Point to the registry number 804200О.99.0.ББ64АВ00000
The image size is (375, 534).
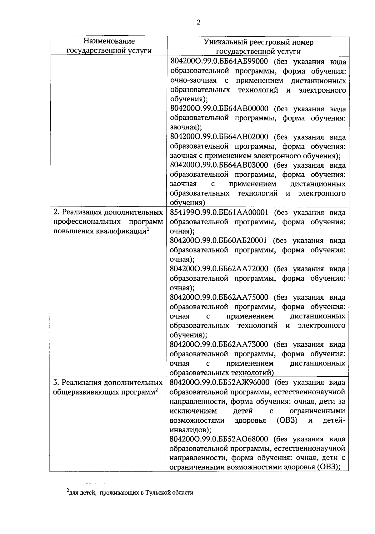(219, 109)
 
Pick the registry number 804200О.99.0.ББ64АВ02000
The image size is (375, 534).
(219, 137)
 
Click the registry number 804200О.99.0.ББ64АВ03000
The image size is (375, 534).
(219, 165)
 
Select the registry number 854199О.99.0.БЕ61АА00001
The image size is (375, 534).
(219, 213)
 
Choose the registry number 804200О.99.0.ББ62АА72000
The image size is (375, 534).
(219, 269)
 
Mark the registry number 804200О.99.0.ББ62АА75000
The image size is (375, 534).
(219, 297)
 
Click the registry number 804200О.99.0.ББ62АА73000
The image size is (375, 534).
(219, 344)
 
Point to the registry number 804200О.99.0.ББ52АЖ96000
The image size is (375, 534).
(219, 382)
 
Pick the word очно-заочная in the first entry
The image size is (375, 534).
(193, 81)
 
